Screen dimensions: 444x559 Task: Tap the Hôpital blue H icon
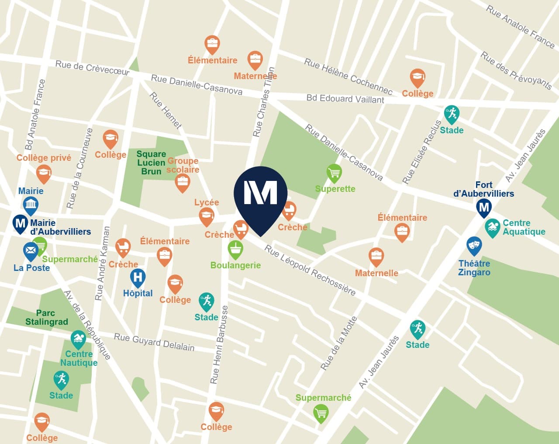[x=138, y=277]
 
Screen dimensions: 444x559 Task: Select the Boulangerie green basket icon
[x=235, y=249]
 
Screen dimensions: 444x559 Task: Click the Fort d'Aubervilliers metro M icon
[x=483, y=207]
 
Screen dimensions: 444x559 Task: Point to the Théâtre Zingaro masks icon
[x=474, y=246]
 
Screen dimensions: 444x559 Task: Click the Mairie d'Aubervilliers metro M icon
[x=20, y=223]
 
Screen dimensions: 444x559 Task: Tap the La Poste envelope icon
[x=31, y=251]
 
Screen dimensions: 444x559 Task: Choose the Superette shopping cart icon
[x=334, y=173]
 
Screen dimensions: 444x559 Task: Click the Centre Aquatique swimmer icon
[x=492, y=227]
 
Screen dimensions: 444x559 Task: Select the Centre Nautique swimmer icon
[x=78, y=339]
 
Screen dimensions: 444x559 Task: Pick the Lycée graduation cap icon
[x=206, y=216]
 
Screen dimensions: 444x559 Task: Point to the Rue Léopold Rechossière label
[x=310, y=271]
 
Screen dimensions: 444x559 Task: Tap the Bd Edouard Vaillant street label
[x=345, y=99]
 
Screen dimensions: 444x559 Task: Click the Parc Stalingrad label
[x=46, y=317]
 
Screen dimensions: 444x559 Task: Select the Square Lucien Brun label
[x=151, y=163]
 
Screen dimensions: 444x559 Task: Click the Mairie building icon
[x=31, y=205]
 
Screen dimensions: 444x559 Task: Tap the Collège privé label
[x=44, y=158]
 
